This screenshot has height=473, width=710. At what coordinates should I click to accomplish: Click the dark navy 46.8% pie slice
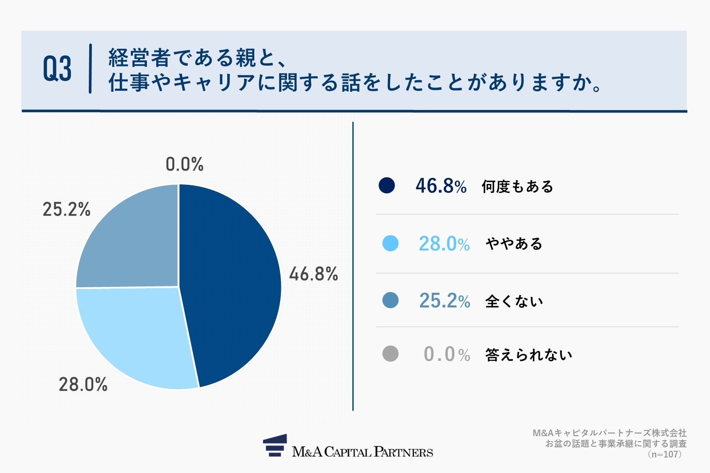(x=231, y=284)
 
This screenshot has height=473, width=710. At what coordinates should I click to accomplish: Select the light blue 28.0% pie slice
(x=138, y=337)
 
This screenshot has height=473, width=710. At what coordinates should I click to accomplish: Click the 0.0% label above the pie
(x=185, y=164)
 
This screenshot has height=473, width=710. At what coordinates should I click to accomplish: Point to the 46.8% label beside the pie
(x=313, y=274)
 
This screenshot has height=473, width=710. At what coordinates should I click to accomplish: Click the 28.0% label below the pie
(x=83, y=384)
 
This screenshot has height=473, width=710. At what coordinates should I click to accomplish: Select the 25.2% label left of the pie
(x=67, y=209)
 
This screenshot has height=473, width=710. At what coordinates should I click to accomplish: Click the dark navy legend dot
(x=387, y=185)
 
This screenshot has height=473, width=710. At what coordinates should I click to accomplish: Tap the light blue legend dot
(x=390, y=243)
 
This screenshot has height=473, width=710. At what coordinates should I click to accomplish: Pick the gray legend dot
(x=390, y=354)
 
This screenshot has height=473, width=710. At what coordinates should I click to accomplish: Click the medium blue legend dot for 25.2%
(x=390, y=301)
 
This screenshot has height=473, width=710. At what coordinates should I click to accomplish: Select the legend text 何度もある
(x=517, y=187)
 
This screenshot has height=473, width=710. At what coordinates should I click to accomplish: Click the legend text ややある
(x=514, y=244)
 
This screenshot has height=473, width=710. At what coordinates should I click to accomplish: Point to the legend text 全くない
(x=514, y=301)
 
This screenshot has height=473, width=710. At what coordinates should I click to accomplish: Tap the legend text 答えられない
(x=529, y=355)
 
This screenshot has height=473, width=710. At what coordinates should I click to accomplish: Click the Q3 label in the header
(x=57, y=69)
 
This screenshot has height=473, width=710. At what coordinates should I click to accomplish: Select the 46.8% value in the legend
(x=441, y=186)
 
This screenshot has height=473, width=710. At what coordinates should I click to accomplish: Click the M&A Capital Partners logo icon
(x=275, y=446)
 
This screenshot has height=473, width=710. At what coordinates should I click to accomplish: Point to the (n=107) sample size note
(x=664, y=454)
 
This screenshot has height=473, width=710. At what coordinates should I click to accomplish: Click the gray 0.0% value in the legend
(x=446, y=354)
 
